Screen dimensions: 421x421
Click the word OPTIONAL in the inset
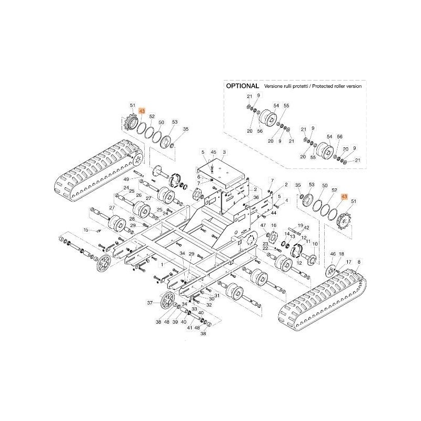[242, 85]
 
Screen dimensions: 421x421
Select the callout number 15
[86, 230]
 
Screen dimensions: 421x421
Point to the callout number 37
[149, 303]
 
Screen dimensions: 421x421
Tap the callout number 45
[213, 152]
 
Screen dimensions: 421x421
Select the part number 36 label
[256, 197]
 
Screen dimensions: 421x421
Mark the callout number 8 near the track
[359, 261]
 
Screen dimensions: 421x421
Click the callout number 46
[333, 254]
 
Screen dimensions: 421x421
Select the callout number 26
[139, 196]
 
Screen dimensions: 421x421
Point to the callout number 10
[315, 244]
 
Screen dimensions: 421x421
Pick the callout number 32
[209, 305]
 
